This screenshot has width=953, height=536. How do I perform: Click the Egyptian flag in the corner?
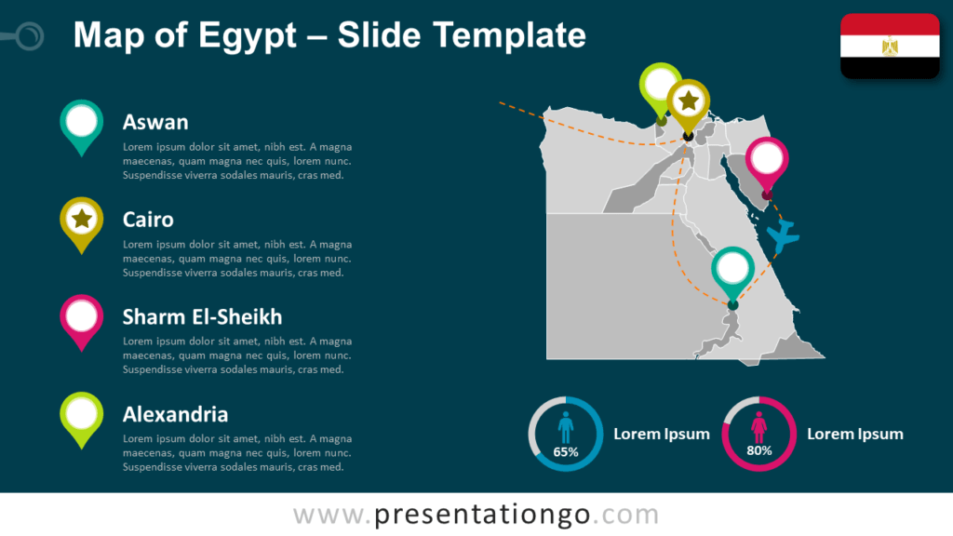(890, 46)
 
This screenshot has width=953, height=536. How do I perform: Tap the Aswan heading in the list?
(155, 122)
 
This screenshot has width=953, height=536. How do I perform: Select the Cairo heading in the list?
(148, 220)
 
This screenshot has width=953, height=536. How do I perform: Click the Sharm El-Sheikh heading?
(202, 317)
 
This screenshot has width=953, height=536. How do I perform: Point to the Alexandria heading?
(175, 414)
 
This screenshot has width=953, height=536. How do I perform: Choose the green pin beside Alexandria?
(82, 415)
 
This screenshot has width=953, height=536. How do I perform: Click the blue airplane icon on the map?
(784, 236)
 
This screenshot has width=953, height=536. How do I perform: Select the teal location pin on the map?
(733, 270)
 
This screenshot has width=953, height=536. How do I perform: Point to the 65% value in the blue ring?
(566, 452)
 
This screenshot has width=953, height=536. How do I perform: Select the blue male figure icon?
(566, 428)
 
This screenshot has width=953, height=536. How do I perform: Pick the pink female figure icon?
(758, 428)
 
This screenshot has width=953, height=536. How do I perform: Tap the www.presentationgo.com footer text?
(476, 515)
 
